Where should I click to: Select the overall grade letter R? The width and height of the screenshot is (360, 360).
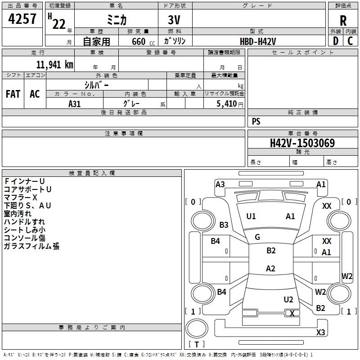click(x=343, y=21)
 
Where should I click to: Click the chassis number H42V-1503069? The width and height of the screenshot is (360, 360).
click(x=302, y=143)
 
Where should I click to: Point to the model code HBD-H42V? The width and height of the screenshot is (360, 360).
click(x=258, y=41)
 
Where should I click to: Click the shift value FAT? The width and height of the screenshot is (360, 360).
click(x=13, y=94)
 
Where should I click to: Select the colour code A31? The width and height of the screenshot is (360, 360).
click(x=75, y=103)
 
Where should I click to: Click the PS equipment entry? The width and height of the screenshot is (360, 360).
click(x=256, y=121)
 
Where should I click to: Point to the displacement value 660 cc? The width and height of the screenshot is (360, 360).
click(x=138, y=41)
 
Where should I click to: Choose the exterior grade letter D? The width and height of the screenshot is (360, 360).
click(x=335, y=41)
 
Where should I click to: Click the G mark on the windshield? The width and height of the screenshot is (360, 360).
click(x=257, y=237)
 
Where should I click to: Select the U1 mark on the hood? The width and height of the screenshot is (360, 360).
click(x=251, y=216)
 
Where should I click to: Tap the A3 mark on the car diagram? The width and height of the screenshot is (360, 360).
click(x=220, y=184)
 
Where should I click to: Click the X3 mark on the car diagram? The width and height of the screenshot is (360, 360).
click(x=320, y=333)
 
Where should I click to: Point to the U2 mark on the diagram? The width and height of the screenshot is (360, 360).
click(x=288, y=300)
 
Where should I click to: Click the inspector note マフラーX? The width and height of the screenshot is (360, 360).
click(x=21, y=198)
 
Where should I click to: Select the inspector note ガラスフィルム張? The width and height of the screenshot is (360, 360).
click(x=31, y=246)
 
